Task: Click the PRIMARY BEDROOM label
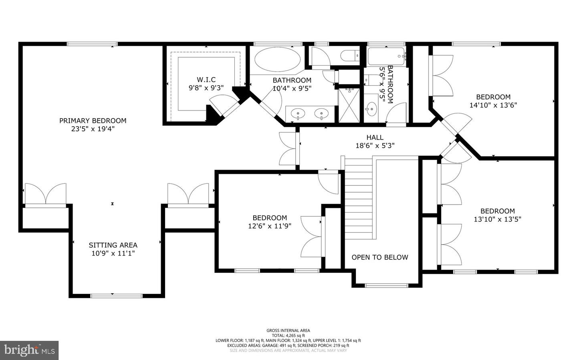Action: pyautogui.click(x=93, y=121)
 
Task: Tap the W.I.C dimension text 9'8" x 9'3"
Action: pyautogui.click(x=206, y=88)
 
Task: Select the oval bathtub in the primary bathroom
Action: pyautogui.click(x=277, y=60)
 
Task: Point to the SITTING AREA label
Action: pyautogui.click(x=113, y=245)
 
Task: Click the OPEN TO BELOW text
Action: pyautogui.click(x=380, y=257)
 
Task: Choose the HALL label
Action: pyautogui.click(x=375, y=137)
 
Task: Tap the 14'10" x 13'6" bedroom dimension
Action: pyautogui.click(x=493, y=105)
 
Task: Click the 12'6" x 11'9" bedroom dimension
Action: pyautogui.click(x=270, y=226)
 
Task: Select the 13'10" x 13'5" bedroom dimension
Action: pyautogui.click(x=498, y=219)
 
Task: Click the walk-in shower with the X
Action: pyautogui.click(x=349, y=105)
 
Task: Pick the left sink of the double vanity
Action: pyautogui.click(x=298, y=113)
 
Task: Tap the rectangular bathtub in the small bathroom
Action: pyautogui.click(x=386, y=56)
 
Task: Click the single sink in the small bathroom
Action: pyautogui.click(x=371, y=109)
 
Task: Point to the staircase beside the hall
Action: pyautogui.click(x=359, y=198)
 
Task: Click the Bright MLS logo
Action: pyautogui.click(x=29, y=350)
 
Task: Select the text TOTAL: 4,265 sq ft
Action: pyautogui.click(x=288, y=335)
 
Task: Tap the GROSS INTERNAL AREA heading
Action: pyautogui.click(x=288, y=330)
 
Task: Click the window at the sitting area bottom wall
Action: pyautogui.click(x=117, y=296)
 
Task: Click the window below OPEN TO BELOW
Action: pyautogui.click(x=387, y=286)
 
